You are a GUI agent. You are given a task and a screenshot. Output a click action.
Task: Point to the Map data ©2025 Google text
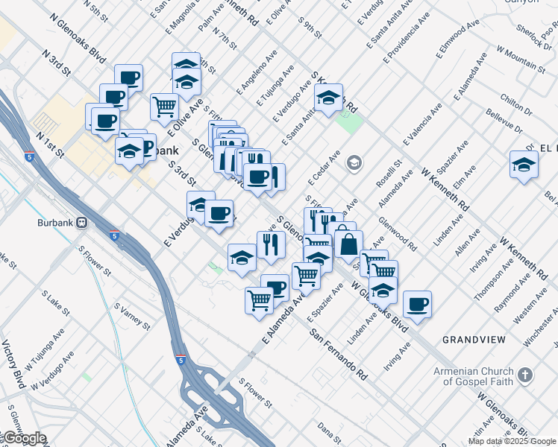tap(512, 441)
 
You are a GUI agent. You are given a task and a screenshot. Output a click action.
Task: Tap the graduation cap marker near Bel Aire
tap(524, 165)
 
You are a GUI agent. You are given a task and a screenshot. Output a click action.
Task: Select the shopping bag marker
tap(348, 243)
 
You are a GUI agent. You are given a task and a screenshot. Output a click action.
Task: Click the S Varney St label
tap(131, 316)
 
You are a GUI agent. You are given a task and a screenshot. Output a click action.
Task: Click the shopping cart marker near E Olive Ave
tap(164, 106)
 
